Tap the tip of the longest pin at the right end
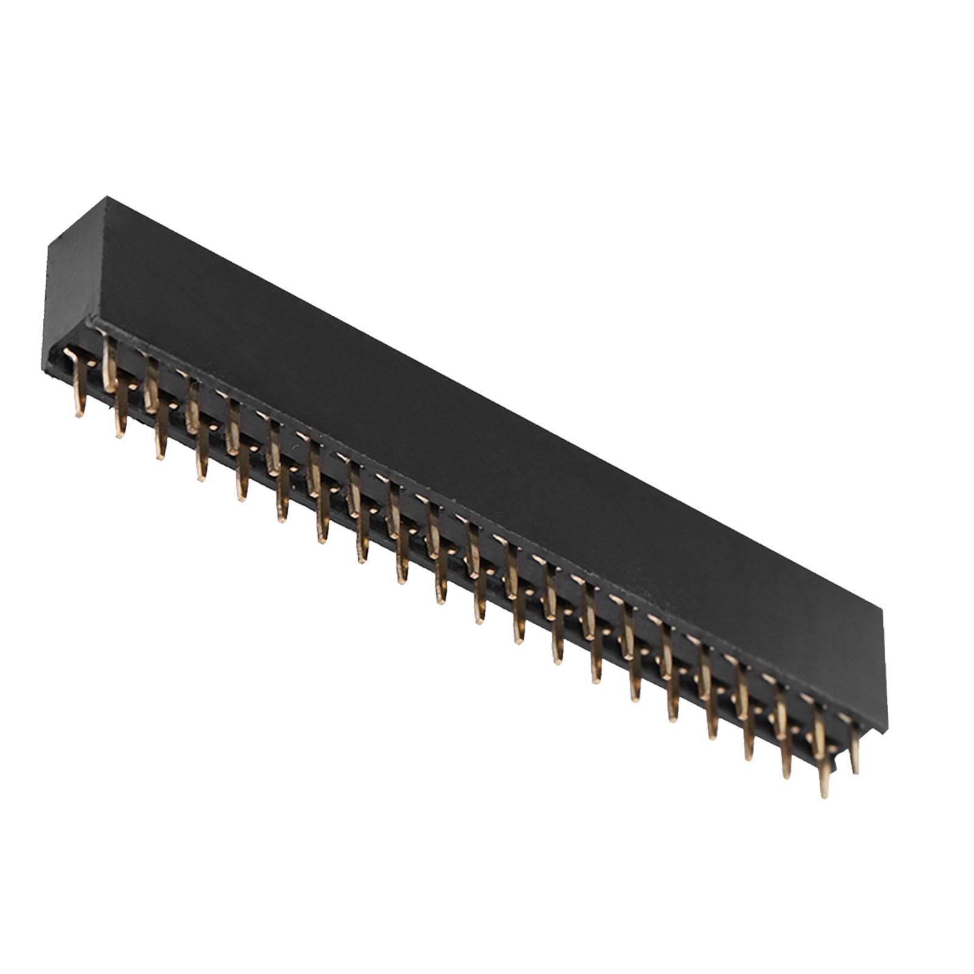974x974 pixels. coord(825,795)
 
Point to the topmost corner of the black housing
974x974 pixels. coord(107,197)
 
